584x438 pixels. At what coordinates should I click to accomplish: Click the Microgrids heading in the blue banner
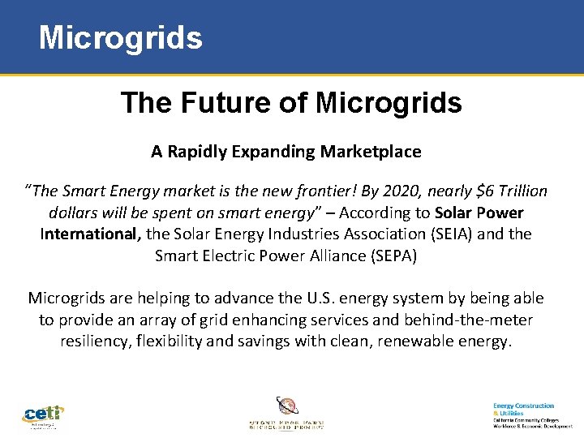(121, 37)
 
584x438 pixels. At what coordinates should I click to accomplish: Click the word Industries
(277, 234)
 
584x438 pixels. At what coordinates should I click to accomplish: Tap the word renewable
(423, 341)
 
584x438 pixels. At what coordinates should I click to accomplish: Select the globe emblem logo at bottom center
(286, 406)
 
